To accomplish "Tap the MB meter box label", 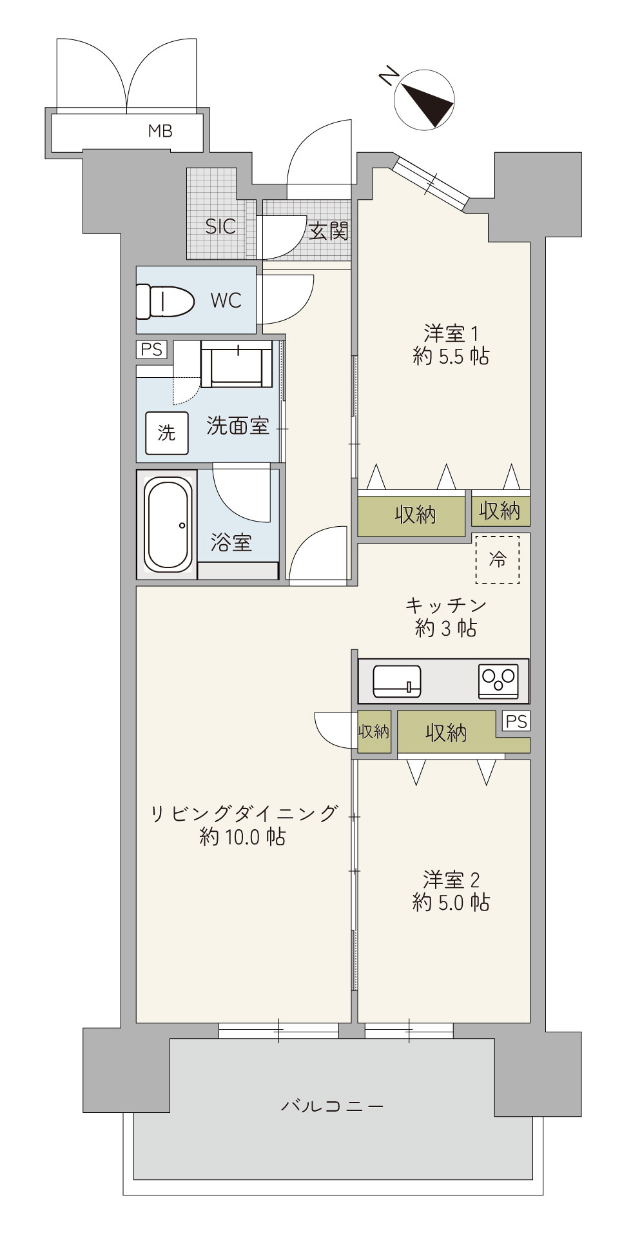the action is (x=160, y=131).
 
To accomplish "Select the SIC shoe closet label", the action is (x=220, y=226).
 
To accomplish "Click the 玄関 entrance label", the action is (x=329, y=231).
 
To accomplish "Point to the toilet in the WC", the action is (x=165, y=300).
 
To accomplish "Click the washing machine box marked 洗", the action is (x=166, y=433).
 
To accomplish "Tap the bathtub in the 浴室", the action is (x=168, y=524).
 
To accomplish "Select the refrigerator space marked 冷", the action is (x=498, y=560).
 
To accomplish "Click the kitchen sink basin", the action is (x=397, y=681).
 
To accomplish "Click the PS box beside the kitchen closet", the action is (x=516, y=722).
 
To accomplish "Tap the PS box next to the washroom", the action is (x=151, y=349).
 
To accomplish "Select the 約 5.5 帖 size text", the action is (x=451, y=356).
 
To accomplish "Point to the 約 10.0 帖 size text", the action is (x=243, y=837).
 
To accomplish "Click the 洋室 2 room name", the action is (x=451, y=879).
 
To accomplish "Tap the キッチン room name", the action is (x=446, y=605).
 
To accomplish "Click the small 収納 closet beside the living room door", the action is (x=374, y=732).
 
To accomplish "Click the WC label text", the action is (x=226, y=300).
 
